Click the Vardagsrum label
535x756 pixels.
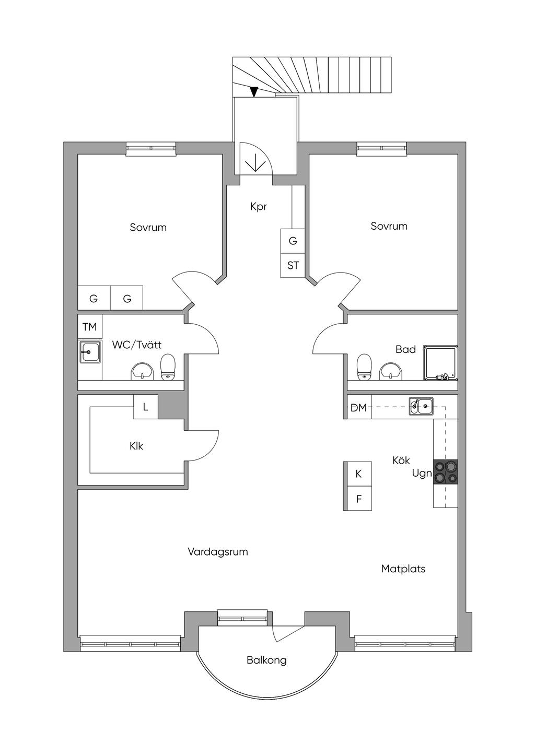tap(218, 552)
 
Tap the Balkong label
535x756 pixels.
tap(266, 660)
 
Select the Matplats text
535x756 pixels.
tap(403, 569)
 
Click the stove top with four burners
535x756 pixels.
tap(446, 472)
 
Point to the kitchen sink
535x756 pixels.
tap(421, 406)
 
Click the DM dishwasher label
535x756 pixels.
tap(359, 408)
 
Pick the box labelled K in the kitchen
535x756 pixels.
tap(358, 474)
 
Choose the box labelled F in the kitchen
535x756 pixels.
tap(358, 499)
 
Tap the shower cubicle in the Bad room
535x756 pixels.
tap(441, 363)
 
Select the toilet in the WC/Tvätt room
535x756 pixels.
tap(168, 367)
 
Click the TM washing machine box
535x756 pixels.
tap(90, 327)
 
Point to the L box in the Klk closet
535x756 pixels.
tap(146, 407)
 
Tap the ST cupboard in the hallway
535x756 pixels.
tap(293, 265)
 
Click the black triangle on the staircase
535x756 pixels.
tap(254, 92)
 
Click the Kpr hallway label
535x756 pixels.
tap(259, 207)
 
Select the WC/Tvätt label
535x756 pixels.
tap(137, 345)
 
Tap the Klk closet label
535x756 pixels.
tap(136, 446)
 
